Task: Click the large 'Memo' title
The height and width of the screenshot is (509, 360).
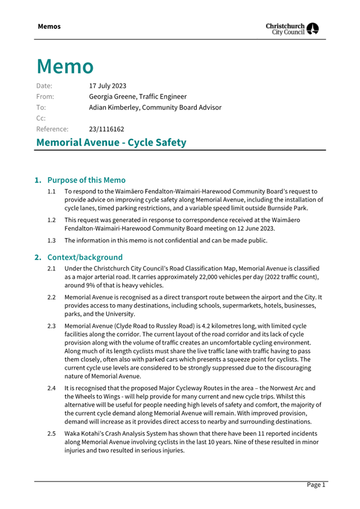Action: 65,66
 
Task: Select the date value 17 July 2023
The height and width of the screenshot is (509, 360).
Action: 108,85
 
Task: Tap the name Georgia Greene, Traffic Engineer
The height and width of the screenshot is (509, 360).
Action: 138,97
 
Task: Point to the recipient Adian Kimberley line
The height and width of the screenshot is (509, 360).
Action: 155,107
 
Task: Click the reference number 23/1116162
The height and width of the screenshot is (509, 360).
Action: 107,129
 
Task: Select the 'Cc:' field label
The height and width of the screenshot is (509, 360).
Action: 41,118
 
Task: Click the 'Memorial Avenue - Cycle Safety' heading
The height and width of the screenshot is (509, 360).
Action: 111,142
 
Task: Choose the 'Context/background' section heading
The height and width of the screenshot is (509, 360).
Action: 85,257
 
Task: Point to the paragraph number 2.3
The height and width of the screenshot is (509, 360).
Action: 52,325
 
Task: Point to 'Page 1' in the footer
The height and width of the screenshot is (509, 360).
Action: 316,484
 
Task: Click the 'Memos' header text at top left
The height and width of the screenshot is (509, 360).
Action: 49,26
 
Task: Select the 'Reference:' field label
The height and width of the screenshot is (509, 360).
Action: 52,129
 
